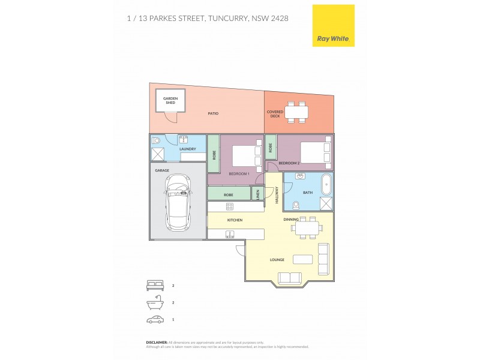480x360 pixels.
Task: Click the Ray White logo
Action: [334, 26]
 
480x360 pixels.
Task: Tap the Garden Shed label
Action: [171, 100]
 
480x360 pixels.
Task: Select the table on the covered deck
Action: [296, 112]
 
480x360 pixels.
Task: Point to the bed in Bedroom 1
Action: [244, 155]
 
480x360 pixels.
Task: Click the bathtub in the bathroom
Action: [326, 184]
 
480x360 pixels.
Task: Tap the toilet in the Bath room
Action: [295, 205]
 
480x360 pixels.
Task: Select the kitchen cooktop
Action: [229, 206]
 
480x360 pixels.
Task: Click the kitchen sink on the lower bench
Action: [229, 234]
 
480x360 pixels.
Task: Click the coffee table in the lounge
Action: [302, 259]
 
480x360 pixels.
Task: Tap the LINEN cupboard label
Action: [257, 194]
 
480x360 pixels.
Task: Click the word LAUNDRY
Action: [187, 149]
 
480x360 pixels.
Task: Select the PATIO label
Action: [213, 113]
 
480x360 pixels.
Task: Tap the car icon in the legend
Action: [155, 320]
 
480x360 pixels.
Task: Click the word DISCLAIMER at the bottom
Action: [157, 341]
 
